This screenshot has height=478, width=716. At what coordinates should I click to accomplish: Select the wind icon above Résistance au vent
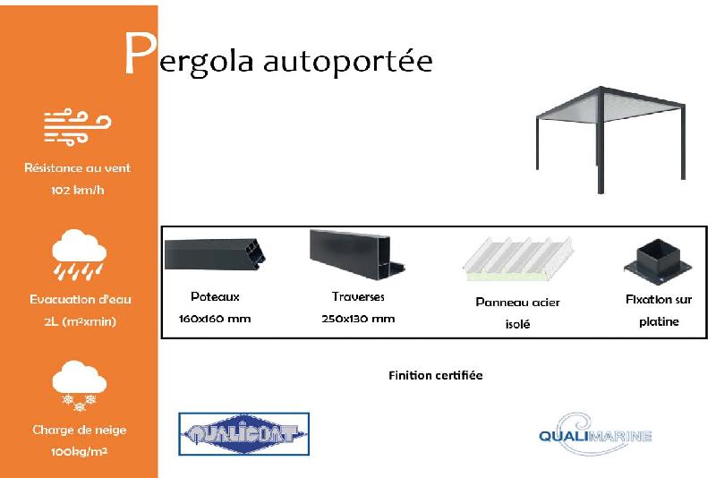[78, 127]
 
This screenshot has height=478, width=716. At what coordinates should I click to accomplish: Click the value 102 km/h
[78, 191]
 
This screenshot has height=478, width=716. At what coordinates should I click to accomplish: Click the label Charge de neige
[79, 430]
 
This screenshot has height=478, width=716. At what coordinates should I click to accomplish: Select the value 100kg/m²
[79, 452]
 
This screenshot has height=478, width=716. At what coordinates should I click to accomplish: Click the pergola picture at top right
[610, 134]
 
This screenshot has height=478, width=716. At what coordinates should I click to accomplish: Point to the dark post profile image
[216, 256]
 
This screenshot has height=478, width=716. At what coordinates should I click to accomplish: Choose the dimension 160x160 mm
[215, 319]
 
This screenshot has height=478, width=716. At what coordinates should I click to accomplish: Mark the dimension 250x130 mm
[358, 319]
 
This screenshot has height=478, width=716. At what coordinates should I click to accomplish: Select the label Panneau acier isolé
[517, 312]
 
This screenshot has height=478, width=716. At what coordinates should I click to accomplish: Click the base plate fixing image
[659, 261]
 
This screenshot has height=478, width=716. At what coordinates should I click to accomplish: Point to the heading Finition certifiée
[436, 375]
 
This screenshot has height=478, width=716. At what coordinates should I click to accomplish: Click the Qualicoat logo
[243, 435]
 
